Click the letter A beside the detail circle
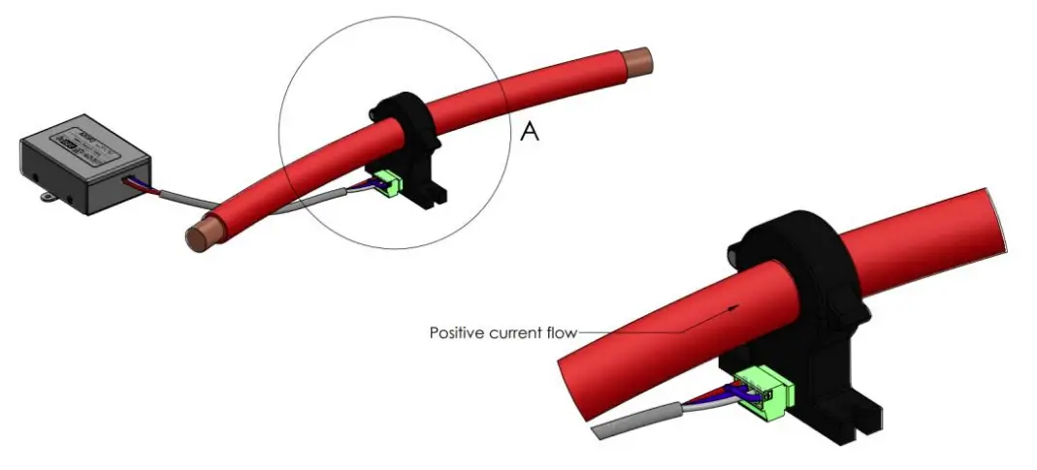click(x=530, y=132)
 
